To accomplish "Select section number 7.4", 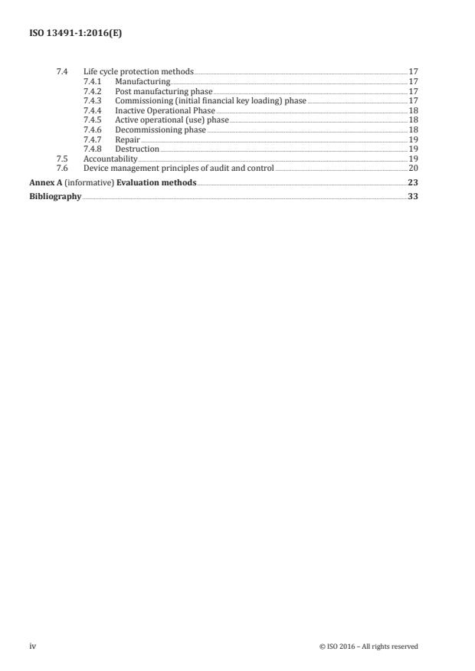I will [62, 71].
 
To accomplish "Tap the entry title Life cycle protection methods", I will [139, 71].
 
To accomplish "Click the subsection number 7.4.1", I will [91, 81].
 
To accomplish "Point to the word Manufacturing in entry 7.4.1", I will [142, 81].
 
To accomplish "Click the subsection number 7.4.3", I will [91, 100].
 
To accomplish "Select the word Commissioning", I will [144, 100].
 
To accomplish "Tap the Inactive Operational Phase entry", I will [165, 110].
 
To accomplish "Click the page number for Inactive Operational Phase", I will [413, 110].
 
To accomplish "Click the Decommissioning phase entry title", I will [161, 130].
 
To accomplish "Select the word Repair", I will [127, 139].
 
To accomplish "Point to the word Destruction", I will [137, 149].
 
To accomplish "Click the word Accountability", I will [110, 159].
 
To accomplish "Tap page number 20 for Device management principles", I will [413, 168].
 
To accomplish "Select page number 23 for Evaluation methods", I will [413, 183].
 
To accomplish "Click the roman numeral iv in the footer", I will [33, 646].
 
